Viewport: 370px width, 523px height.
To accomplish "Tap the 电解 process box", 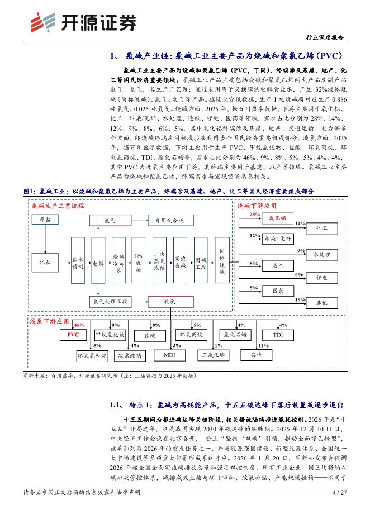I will (98, 261).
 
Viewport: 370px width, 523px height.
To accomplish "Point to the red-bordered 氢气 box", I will (110, 220).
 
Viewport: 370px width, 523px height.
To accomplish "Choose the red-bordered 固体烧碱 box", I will (222, 261).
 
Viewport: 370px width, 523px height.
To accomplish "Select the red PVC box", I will (73, 335).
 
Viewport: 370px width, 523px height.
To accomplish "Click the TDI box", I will (278, 335).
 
